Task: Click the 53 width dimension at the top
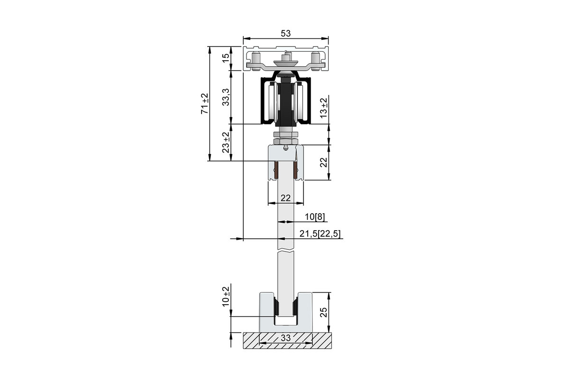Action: (x=285, y=33)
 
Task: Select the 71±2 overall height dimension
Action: (x=205, y=104)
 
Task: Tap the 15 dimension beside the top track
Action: (x=226, y=58)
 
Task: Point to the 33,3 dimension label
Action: (x=226, y=97)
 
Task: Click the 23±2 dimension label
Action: (x=226, y=143)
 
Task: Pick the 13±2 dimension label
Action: (x=323, y=108)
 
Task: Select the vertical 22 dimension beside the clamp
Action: (x=323, y=162)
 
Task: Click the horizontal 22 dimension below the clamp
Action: (x=285, y=198)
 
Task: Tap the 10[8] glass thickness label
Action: (x=314, y=217)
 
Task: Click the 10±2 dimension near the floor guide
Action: (x=226, y=297)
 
